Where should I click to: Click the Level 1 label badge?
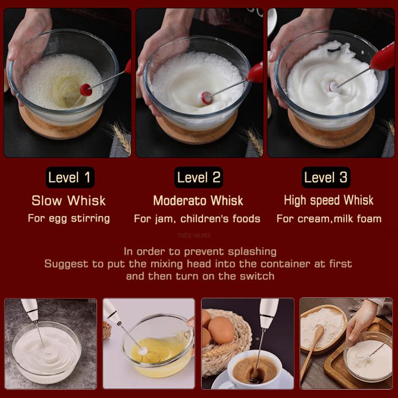(70, 177)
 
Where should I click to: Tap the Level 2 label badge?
(199, 177)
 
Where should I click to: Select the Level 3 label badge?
(326, 177)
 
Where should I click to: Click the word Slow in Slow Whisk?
(47, 200)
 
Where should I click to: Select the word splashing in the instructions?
(252, 252)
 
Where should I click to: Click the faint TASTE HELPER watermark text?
(194, 235)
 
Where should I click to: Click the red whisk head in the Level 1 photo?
(86, 90)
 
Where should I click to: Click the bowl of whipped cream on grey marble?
(46, 353)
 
